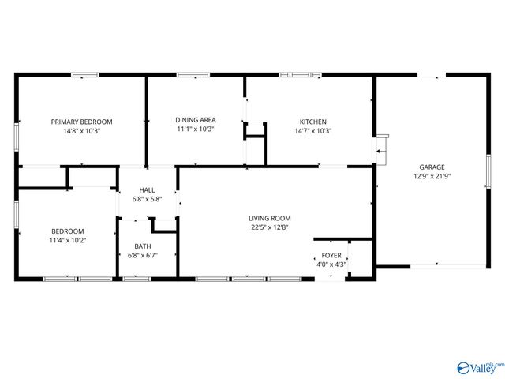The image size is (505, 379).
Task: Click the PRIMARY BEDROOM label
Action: [82, 122]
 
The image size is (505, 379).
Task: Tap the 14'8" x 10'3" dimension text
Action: [82, 131]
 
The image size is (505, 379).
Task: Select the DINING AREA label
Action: [196, 120]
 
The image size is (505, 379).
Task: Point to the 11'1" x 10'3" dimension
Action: [196, 129]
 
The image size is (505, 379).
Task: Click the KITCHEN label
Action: [312, 122]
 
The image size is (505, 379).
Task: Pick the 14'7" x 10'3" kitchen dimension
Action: [312, 131]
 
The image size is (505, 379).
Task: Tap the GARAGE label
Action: [432, 167]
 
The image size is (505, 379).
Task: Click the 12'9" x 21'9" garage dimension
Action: [432, 176]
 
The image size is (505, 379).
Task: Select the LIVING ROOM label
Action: [271, 218]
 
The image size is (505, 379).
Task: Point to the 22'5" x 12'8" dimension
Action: [271, 228]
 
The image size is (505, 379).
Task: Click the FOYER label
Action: [331, 256]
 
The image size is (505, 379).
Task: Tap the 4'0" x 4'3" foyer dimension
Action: [331, 265]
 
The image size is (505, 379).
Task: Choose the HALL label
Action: [147, 190]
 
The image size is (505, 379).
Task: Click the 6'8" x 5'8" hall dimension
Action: [147, 200]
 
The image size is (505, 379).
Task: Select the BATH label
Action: [142, 246]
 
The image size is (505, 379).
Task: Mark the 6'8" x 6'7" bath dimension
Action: [142, 256]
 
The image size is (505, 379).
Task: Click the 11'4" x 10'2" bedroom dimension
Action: [67, 240]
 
